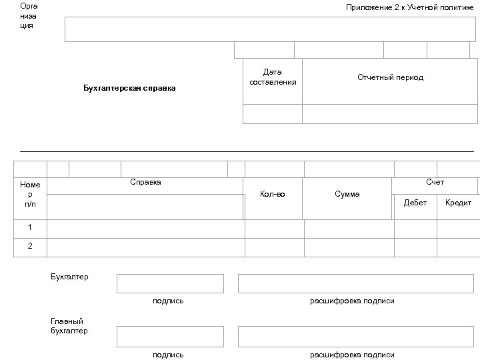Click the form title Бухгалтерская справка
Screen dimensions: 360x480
[129, 88]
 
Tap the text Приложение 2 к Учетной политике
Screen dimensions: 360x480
[409, 7]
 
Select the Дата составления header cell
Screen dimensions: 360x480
[273, 77]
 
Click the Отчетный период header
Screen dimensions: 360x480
[390, 77]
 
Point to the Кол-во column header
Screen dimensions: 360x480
[272, 194]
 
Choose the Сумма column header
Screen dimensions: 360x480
[347, 194]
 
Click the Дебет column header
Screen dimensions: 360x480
[415, 203]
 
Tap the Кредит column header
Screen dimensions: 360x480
[458, 203]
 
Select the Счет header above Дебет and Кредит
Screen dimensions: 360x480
[435, 183]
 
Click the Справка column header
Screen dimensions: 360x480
[145, 183]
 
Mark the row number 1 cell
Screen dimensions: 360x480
[30, 227]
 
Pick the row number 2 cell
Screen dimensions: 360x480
[30, 246]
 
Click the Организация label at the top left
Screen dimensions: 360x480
[29, 16]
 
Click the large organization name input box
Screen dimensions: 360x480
[270, 29]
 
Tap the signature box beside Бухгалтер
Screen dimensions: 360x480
[170, 283]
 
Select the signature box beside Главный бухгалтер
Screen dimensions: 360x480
[170, 337]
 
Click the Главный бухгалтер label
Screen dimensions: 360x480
[69, 326]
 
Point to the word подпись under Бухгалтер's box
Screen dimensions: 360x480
[168, 301]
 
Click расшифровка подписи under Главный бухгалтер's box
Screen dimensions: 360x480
[352, 355]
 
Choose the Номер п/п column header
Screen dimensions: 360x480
[30, 194]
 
